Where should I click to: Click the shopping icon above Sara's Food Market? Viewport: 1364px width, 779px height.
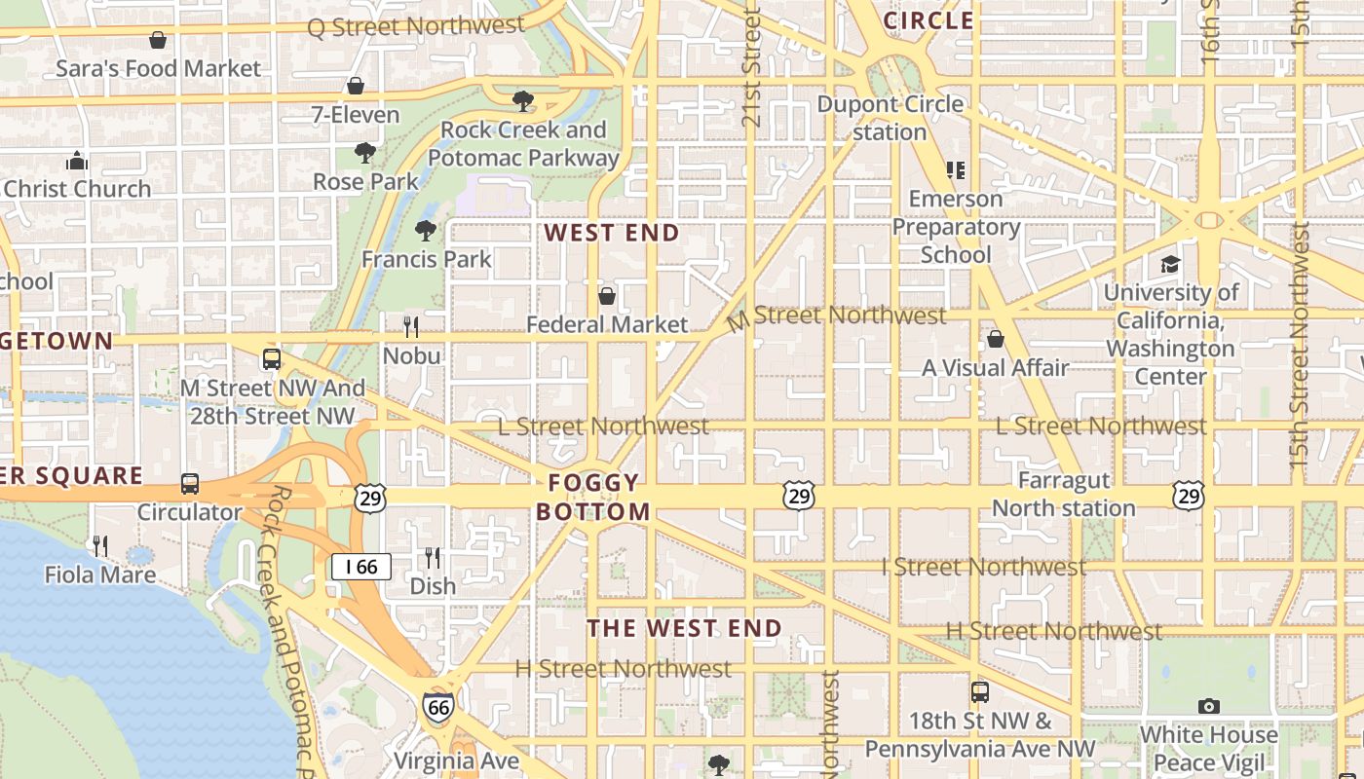click(158, 40)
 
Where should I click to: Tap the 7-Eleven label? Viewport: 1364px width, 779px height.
click(356, 114)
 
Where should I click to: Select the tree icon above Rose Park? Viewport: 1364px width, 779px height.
click(365, 153)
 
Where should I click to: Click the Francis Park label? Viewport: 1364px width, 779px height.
click(427, 259)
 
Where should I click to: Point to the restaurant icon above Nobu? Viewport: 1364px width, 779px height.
click(411, 326)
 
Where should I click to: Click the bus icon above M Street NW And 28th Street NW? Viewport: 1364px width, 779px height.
click(272, 359)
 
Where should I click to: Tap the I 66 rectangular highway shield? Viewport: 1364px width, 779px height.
click(361, 567)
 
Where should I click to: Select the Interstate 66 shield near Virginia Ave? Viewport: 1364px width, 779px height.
click(438, 707)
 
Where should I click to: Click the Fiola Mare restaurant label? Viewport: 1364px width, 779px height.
click(100, 575)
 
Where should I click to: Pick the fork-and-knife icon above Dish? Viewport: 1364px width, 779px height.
click(433, 558)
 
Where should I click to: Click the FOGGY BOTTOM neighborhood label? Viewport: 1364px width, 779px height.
click(593, 497)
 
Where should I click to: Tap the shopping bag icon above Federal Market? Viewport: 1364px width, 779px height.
click(607, 295)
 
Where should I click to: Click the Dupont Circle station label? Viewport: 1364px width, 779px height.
click(890, 118)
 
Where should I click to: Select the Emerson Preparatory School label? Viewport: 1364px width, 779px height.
click(956, 227)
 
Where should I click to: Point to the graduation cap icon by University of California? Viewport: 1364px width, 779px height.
click(1170, 264)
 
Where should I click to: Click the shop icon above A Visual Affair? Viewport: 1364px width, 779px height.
click(996, 339)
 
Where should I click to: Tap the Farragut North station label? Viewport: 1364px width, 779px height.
click(1064, 494)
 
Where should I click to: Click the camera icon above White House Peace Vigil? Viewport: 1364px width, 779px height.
click(1209, 706)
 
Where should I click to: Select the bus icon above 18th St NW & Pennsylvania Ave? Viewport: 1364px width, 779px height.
click(980, 692)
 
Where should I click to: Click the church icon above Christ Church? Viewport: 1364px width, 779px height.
click(77, 161)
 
